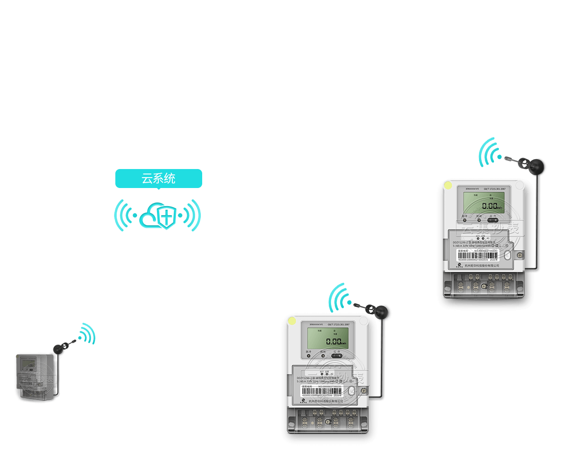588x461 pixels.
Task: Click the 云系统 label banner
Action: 158,178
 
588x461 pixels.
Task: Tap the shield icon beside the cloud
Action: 167,217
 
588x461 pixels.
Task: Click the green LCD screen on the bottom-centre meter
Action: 328,339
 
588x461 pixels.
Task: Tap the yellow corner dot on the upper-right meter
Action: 448,185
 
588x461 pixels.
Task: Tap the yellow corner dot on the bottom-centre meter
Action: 292,321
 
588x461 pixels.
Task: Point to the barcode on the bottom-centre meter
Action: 322,391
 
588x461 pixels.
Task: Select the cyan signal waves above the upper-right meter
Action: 490,152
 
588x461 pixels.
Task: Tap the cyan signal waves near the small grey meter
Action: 87,334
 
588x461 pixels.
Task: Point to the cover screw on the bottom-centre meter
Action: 364,390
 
